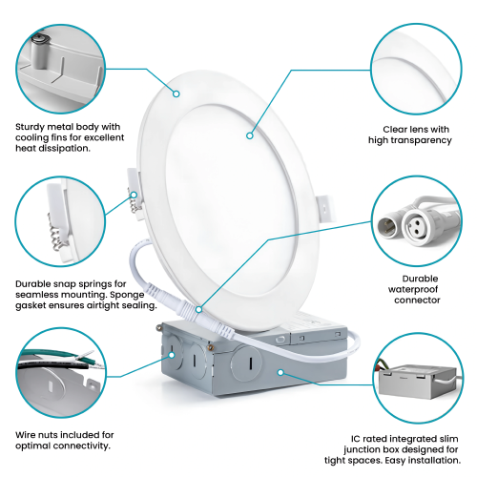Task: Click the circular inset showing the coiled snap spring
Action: point(56,223)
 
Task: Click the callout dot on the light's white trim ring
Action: point(176,93)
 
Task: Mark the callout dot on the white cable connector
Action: point(198,307)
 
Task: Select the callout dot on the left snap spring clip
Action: point(135,196)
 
